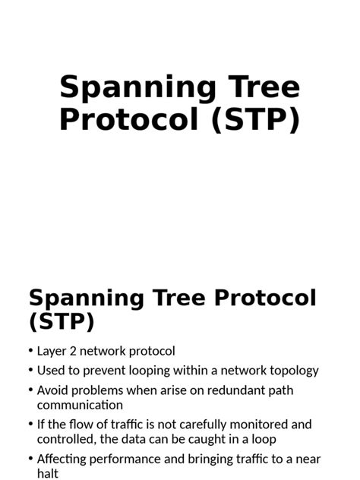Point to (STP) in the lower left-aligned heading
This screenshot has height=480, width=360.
tap(62, 321)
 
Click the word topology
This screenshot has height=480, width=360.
tap(289, 371)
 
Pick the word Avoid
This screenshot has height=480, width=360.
tap(53, 390)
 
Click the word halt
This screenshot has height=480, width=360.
tap(48, 473)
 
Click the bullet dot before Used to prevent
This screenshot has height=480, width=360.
tap(30, 371)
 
